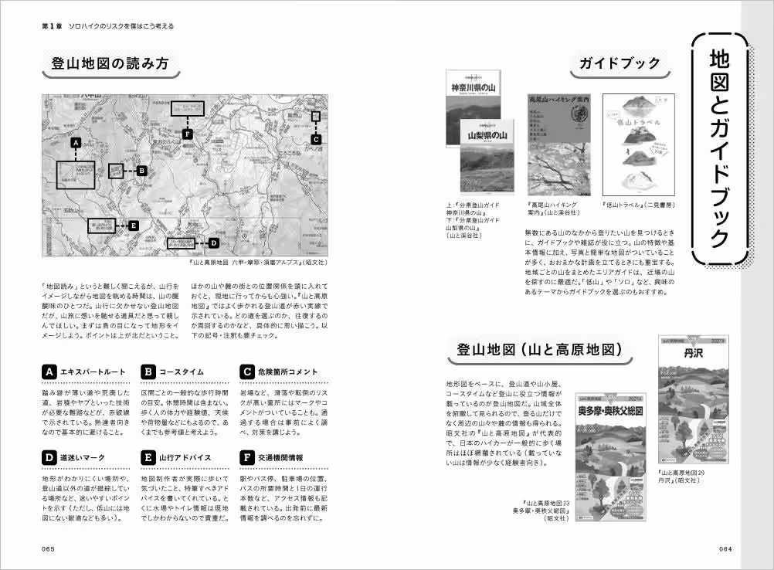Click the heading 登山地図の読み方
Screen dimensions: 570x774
[109, 64]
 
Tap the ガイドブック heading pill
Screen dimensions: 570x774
[620, 64]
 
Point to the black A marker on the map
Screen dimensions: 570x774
[76, 143]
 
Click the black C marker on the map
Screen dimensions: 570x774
[316, 139]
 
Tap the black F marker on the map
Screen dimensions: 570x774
[187, 134]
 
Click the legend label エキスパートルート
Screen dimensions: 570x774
[92, 372]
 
